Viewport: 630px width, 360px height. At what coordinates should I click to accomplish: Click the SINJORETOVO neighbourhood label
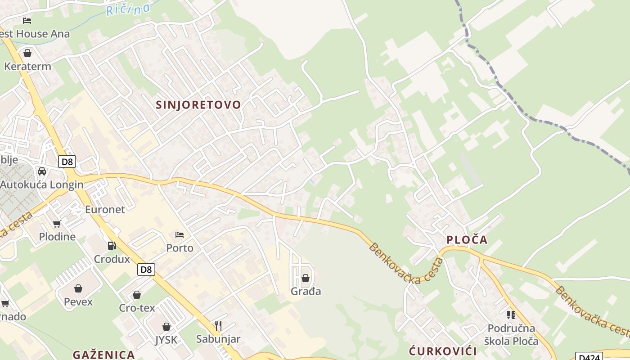[x=198, y=105]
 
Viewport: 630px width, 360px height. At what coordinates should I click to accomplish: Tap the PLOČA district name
[x=467, y=240]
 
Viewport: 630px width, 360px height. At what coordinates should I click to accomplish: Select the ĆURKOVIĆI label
[x=442, y=351]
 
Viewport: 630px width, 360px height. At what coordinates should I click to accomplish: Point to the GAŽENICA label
[x=104, y=355]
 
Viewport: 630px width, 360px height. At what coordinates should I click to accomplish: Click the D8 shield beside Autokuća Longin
[x=67, y=162]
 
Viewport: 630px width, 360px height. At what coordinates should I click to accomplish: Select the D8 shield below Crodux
[x=146, y=270]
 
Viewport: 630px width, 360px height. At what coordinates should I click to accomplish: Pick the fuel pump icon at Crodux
[x=112, y=246]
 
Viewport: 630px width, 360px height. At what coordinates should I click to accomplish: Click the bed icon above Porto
[x=180, y=234]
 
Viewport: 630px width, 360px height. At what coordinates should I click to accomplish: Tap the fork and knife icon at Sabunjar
[x=218, y=326]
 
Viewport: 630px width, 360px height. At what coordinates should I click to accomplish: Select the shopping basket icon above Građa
[x=306, y=278]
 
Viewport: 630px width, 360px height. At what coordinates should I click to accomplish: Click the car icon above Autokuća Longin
[x=42, y=171]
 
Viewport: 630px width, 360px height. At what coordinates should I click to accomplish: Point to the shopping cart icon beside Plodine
[x=57, y=224]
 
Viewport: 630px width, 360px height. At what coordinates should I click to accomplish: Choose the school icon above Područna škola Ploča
[x=511, y=315]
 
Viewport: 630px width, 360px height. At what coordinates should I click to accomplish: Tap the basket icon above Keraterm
[x=27, y=53]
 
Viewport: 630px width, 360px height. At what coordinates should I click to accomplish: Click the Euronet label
[x=105, y=209]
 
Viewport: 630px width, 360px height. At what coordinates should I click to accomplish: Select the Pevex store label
[x=78, y=301]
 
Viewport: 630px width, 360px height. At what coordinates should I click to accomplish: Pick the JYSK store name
[x=166, y=340]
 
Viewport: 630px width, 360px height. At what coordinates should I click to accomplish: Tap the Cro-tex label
[x=137, y=308]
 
